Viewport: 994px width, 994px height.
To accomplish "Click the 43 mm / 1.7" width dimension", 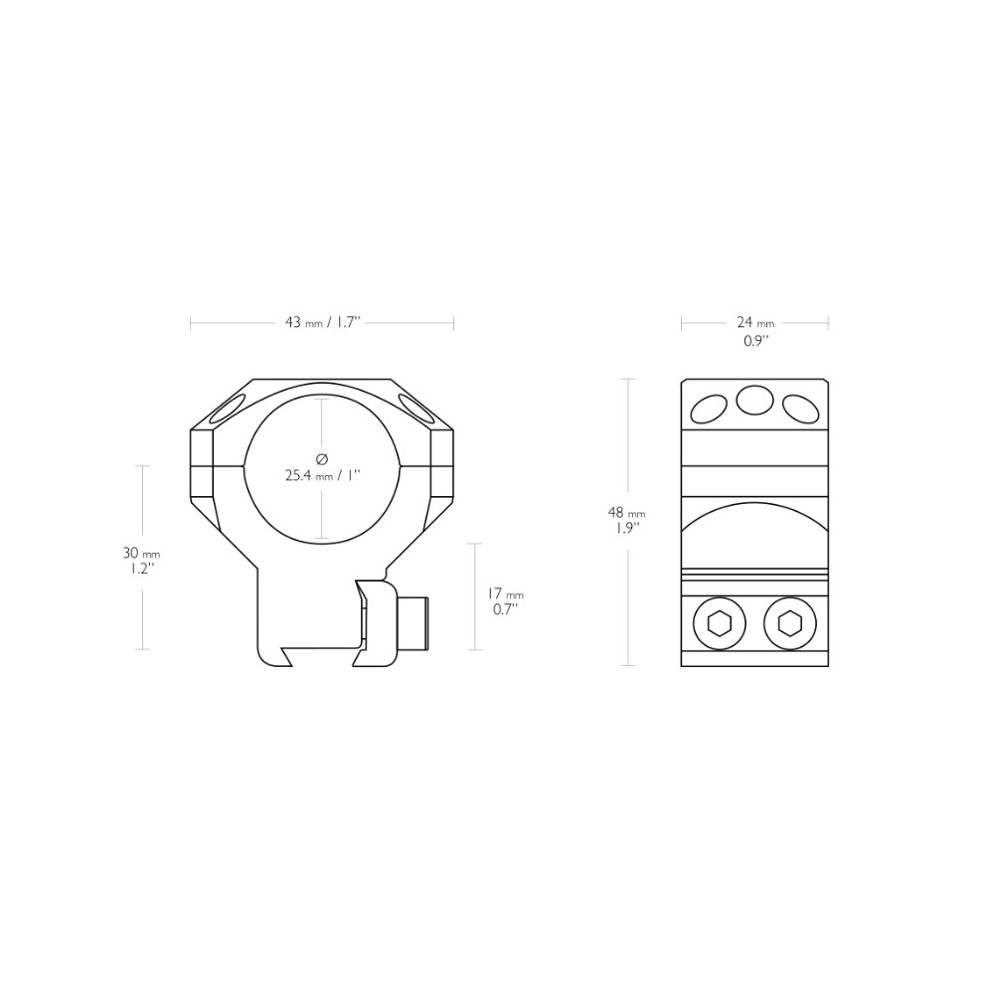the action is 322,323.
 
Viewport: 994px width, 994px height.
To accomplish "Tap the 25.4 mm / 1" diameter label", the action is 322,475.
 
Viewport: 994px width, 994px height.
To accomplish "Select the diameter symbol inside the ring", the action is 322,458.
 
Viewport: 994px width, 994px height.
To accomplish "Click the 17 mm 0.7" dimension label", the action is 505,601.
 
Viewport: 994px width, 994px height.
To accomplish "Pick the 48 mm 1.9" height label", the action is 627,521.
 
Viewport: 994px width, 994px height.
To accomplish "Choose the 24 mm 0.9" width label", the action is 755,331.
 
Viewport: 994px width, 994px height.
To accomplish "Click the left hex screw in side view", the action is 720,624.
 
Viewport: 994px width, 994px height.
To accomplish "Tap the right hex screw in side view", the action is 790,624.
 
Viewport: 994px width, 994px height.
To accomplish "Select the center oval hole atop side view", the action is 755,400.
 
